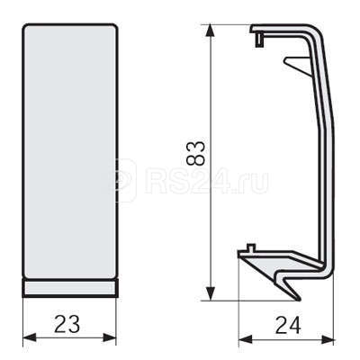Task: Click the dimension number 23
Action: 67,324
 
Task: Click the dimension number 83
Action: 195,154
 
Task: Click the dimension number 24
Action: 288,326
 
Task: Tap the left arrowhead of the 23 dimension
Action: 30,337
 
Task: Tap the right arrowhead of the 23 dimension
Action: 110,337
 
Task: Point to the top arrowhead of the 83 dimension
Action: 211,31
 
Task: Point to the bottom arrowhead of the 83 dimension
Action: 211,293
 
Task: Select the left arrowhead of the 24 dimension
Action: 245,339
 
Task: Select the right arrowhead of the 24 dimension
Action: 328,339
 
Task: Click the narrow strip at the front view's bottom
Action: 70,288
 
